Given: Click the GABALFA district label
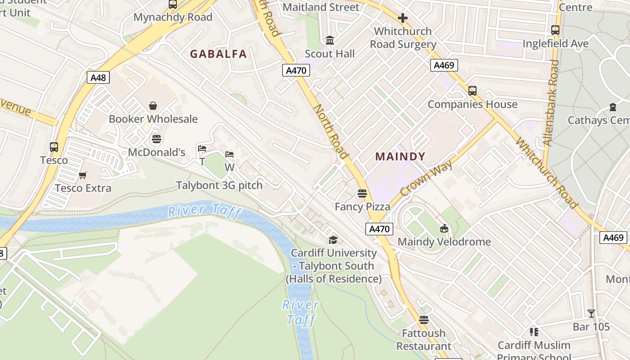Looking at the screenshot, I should point(218,54).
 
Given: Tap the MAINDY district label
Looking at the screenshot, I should point(400,157).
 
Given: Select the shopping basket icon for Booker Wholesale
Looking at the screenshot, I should point(153,106).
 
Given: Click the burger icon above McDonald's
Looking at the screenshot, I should point(157,139).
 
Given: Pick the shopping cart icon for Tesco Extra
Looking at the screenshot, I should point(83,175).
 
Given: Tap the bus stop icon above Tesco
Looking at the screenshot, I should point(54,147).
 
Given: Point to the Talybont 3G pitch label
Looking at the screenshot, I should point(219,185).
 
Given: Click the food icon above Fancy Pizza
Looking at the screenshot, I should point(362,194).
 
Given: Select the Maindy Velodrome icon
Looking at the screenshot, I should point(444,229).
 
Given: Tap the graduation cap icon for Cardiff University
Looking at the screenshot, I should point(333,240).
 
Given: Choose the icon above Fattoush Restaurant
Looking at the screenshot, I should point(423,320).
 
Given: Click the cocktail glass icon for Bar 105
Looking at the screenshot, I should point(591,314).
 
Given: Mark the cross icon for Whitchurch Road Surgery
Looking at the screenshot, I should point(403,18).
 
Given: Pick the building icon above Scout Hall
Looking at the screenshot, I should point(330,40).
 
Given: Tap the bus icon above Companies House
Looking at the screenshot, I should point(472,91).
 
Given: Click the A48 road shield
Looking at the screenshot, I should point(98,78).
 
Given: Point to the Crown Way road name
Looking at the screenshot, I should point(426,179).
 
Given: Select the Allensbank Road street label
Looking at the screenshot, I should point(551,103).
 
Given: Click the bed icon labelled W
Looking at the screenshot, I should point(229,155).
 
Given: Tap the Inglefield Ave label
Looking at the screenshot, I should point(555,44).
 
